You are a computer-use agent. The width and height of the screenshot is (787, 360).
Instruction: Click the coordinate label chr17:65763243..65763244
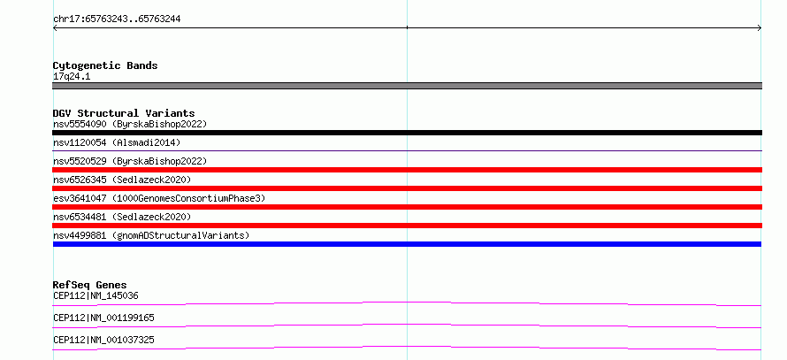point(117,19)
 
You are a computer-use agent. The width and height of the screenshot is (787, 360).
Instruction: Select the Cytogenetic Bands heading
point(105,65)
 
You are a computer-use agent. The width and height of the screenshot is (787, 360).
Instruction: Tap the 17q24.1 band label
point(72,77)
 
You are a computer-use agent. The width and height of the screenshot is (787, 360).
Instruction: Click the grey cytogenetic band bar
point(407,86)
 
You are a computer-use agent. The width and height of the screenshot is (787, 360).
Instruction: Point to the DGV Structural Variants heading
point(124,113)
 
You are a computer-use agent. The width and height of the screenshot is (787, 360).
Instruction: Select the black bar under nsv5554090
point(407,133)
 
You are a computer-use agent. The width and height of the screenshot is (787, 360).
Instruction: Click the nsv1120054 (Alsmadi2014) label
point(117,142)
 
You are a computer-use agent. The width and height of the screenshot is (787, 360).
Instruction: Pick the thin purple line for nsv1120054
point(407,150)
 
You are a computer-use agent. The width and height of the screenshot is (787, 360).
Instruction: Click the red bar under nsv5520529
point(407,170)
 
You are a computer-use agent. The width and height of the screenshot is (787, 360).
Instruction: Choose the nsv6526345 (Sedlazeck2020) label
point(122,180)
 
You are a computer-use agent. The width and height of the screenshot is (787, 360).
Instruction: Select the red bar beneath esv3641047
point(407,207)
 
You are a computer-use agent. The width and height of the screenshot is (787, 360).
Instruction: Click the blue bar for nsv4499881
point(407,244)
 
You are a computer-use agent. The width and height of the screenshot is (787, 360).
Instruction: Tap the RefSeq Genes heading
point(90,285)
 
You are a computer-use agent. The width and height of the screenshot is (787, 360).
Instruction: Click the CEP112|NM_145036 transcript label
point(96,296)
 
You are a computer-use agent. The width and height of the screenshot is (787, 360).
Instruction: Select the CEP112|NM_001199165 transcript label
point(103,318)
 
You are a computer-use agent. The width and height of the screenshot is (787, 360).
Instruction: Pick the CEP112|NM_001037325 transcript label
point(103,341)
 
